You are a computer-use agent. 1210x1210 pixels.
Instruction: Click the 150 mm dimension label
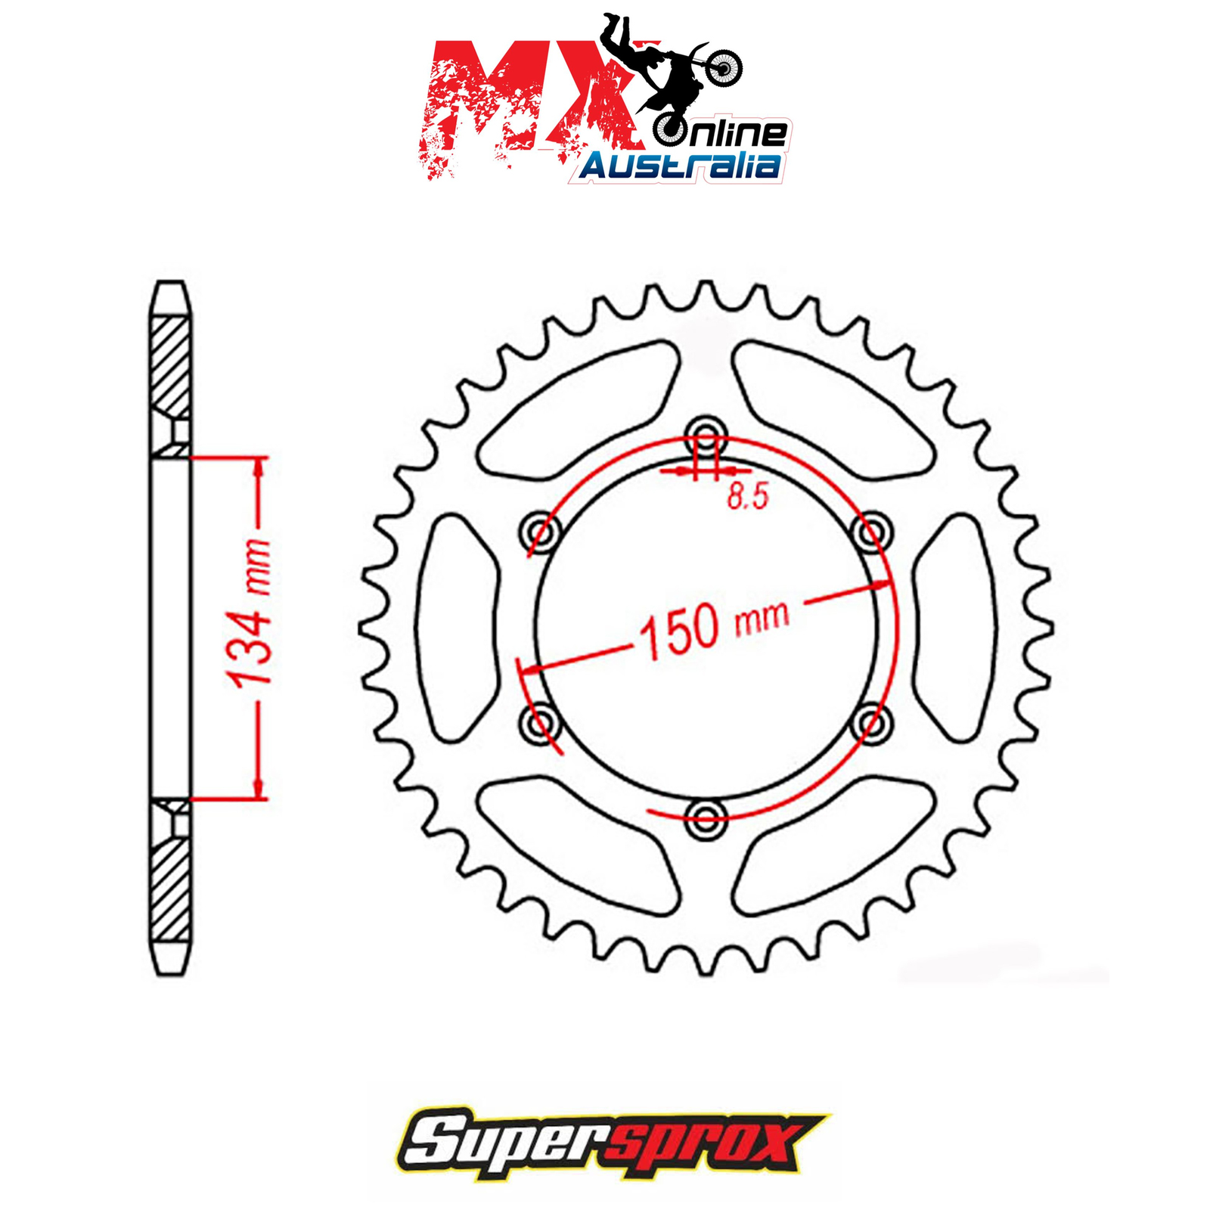click(x=714, y=628)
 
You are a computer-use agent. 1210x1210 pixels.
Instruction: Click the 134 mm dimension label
click(x=250, y=613)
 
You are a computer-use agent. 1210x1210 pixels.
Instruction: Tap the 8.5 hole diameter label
click(x=747, y=496)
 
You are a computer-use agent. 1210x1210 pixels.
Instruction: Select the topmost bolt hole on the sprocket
click(x=705, y=436)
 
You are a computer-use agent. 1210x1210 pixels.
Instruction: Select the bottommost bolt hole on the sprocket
click(x=705, y=818)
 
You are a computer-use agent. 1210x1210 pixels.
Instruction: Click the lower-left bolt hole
click(x=540, y=722)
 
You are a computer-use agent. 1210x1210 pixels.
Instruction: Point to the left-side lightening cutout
click(x=458, y=627)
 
